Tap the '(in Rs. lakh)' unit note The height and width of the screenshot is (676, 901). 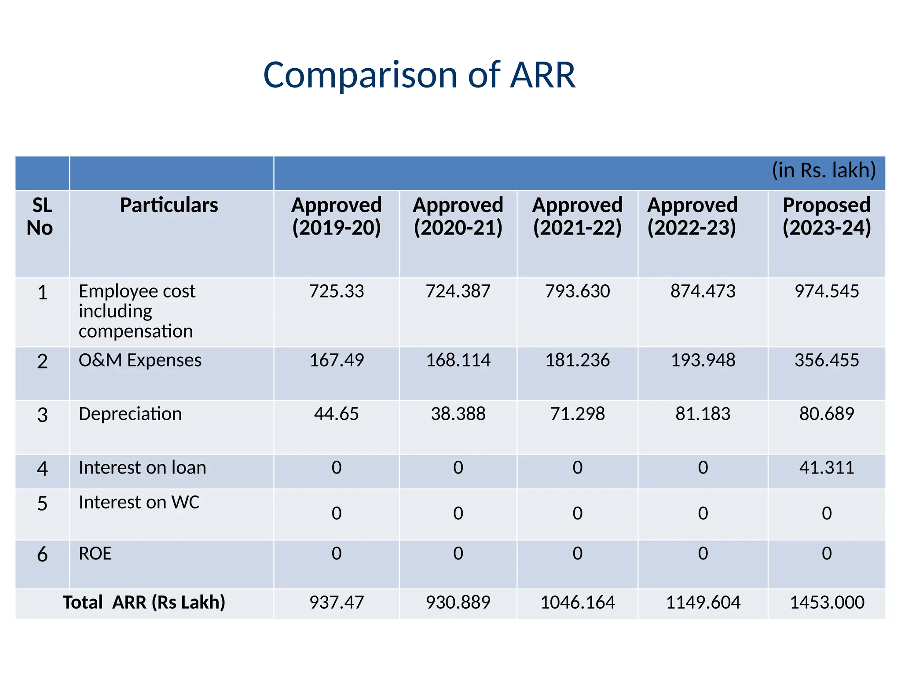pos(824,170)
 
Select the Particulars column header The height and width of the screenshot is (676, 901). pos(169,206)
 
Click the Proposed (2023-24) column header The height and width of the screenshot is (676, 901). pos(827,217)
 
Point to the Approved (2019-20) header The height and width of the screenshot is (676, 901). pos(337,217)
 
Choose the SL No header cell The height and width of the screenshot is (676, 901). pos(41,217)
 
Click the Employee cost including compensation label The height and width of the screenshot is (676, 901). pos(136,311)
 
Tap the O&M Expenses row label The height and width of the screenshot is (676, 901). pos(140,360)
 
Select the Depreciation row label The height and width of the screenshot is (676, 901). pos(130,414)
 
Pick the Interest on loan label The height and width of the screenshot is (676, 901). pos(142,467)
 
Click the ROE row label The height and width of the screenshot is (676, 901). pos(95,554)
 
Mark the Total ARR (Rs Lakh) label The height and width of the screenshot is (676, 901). pos(144,603)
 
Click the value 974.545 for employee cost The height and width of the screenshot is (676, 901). pos(827,291)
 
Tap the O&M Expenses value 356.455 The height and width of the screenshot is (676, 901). pos(827,360)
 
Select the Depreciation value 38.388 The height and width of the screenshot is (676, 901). pos(458,414)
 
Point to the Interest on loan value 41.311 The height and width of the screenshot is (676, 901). pos(827,467)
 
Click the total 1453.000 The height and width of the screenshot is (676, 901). pos(827,603)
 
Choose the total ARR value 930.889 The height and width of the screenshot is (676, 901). pos(458,603)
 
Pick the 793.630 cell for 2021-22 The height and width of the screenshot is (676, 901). pos(577,291)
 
